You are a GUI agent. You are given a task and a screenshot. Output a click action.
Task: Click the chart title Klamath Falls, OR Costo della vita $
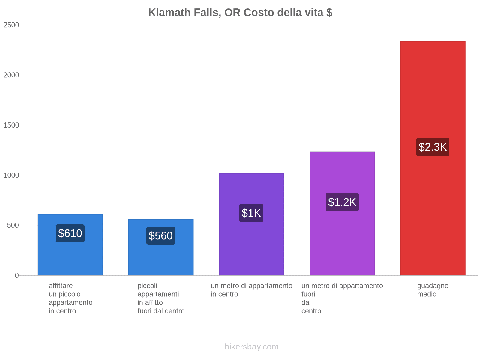coord(240,13)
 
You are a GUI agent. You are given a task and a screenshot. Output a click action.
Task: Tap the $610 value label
coord(70,233)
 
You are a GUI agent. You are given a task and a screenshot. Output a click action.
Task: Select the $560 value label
coord(161,236)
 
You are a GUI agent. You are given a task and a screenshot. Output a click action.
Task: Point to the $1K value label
coord(251,213)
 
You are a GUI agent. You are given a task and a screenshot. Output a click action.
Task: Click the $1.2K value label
coord(342,202)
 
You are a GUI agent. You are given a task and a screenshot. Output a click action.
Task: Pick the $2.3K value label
coord(433,147)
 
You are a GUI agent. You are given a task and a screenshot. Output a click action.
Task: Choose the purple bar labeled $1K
coord(251,246)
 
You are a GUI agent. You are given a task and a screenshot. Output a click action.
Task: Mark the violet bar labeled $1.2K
coord(342,240)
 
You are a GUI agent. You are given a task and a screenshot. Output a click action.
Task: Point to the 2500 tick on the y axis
coord(11,25)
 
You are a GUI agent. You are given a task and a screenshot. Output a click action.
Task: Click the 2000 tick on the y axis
coord(11,75)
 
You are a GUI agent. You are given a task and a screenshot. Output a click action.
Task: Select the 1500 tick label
coord(11,125)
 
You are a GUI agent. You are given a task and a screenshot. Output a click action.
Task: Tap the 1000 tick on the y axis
coord(11,175)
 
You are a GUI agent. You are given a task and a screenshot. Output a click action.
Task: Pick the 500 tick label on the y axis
coord(13,226)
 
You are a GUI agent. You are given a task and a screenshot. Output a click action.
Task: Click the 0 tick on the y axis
coord(17,275)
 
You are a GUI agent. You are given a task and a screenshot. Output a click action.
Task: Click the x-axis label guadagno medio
coord(433,290)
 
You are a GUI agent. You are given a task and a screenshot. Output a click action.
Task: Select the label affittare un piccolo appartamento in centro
coord(70,298)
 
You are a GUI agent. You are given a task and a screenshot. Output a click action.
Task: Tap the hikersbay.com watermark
coord(251,347)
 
